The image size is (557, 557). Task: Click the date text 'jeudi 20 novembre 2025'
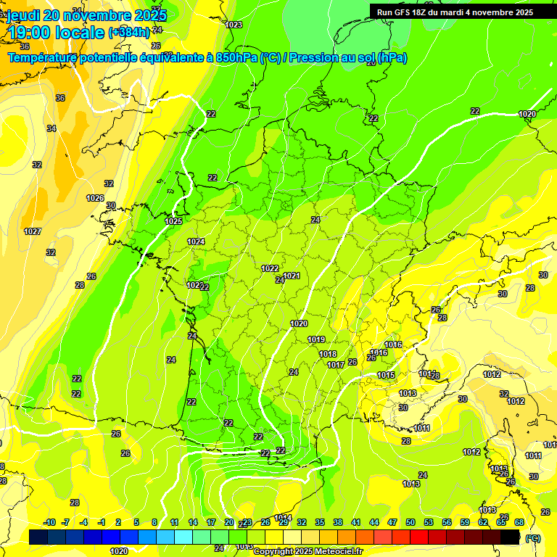[87, 15]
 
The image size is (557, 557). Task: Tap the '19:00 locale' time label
[56, 32]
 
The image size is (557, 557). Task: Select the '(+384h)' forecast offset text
[128, 33]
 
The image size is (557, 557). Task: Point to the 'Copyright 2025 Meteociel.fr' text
[308, 551]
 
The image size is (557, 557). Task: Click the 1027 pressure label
[32, 231]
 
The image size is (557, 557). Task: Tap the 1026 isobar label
[95, 198]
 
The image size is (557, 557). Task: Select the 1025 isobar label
[173, 221]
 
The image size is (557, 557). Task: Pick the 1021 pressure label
[292, 276]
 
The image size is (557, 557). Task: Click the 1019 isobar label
[315, 339]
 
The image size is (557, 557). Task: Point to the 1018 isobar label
[328, 354]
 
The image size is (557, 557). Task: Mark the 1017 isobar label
[335, 365]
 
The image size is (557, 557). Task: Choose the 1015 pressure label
[386, 375]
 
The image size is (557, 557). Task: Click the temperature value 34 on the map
[51, 128]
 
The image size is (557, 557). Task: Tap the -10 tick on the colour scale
[50, 522]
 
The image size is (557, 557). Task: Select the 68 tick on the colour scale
[519, 522]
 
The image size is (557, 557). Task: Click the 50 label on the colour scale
[410, 522]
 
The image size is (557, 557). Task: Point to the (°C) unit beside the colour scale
[533, 537]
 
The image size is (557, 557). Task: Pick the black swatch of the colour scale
[511, 537]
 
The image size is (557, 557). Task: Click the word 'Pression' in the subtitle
[315, 58]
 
